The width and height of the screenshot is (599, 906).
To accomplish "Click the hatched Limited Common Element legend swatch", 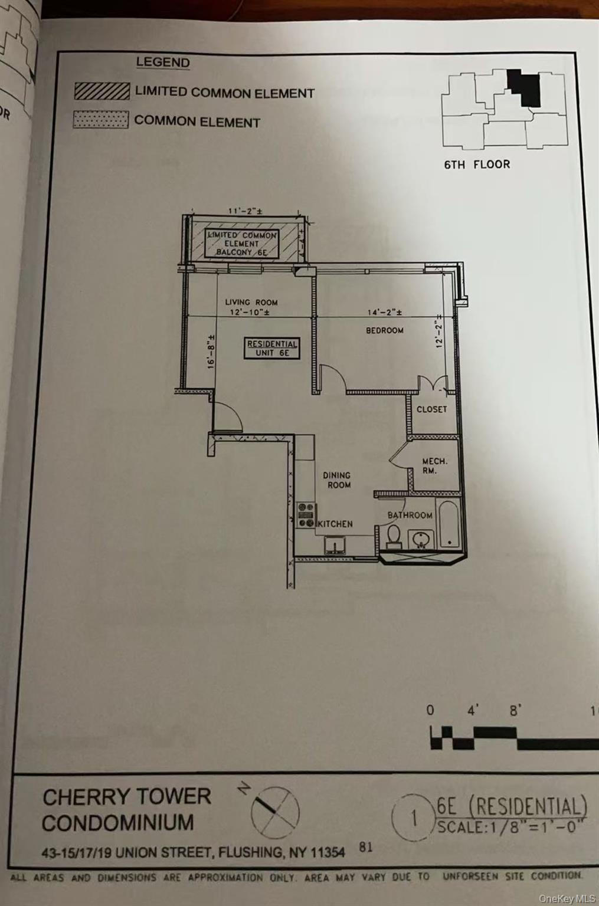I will coord(102,91).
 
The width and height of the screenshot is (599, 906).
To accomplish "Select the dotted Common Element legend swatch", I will coord(100,120).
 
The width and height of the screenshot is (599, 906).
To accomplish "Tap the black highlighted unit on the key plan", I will coord(525,88).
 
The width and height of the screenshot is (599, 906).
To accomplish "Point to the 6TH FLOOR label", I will coord(477,165).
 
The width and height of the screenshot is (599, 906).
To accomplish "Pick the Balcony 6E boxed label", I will coord(242,244).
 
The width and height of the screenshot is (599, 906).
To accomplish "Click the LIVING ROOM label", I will coord(251,302).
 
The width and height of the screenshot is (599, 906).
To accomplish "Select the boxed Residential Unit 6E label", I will coord(272,348).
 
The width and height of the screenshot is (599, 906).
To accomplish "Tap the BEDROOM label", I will coord(385,330).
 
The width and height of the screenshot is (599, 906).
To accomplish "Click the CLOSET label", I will coord(431,409).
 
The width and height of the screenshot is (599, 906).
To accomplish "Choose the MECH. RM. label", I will coord(434,466).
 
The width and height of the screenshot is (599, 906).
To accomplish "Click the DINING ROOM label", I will coord(336,480).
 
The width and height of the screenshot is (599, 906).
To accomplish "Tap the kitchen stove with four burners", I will coord(306,515).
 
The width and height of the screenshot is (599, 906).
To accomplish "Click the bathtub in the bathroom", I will coord(449,524).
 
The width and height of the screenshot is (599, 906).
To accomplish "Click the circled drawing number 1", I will coord(414,819).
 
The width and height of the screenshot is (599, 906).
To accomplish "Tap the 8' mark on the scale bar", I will coord(516,711).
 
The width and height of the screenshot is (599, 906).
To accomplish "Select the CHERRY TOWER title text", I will coord(126,797).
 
